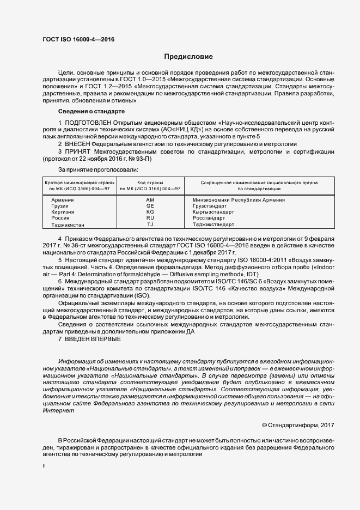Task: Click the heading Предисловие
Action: [x=189, y=57]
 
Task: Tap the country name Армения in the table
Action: [x=63, y=201]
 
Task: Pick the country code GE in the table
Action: [x=150, y=207]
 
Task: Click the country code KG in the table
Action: [x=150, y=212]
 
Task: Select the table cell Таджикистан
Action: [x=68, y=224]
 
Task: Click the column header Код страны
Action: [x=150, y=183]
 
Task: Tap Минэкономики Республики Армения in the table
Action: [x=239, y=201]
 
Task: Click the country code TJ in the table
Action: [x=150, y=224]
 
